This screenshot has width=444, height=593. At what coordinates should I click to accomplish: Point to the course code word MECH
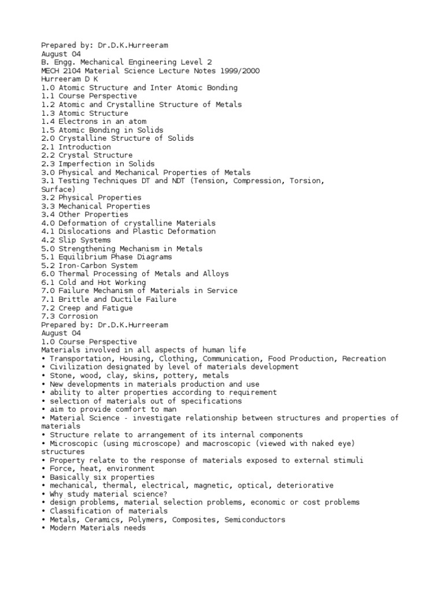(50, 71)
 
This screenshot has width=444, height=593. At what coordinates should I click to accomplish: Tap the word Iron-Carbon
(82, 265)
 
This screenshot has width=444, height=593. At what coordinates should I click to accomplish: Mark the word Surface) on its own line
(58, 189)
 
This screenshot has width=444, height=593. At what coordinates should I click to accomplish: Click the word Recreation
(364, 358)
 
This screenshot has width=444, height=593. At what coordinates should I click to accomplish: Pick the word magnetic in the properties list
(212, 485)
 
